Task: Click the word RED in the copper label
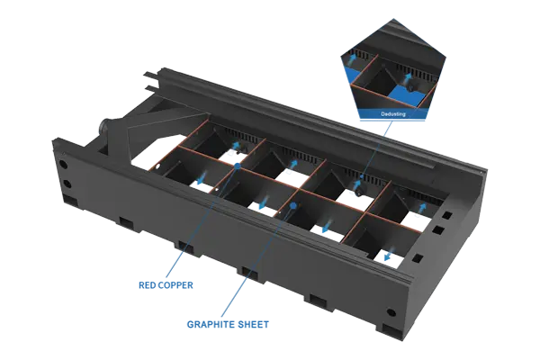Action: point(147,285)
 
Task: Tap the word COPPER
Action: point(175,285)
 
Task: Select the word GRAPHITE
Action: point(209,325)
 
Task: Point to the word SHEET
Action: point(251,325)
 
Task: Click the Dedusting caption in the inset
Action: point(393,114)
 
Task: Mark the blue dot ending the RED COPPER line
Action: point(238,166)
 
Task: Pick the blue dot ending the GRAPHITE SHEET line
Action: point(293,206)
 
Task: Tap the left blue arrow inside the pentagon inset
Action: point(350,61)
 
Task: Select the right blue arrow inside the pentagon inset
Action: point(408,76)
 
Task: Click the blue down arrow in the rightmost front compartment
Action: point(388,256)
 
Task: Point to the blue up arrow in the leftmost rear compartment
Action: point(236,146)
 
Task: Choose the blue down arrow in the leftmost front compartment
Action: point(201,178)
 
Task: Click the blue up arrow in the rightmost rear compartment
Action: point(422,207)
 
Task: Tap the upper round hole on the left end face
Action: point(63,164)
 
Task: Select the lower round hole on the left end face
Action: point(67,184)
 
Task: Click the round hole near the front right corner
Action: point(391,312)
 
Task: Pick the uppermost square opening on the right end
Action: point(446,216)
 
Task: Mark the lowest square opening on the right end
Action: point(418,258)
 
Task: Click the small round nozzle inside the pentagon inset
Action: point(410,88)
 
